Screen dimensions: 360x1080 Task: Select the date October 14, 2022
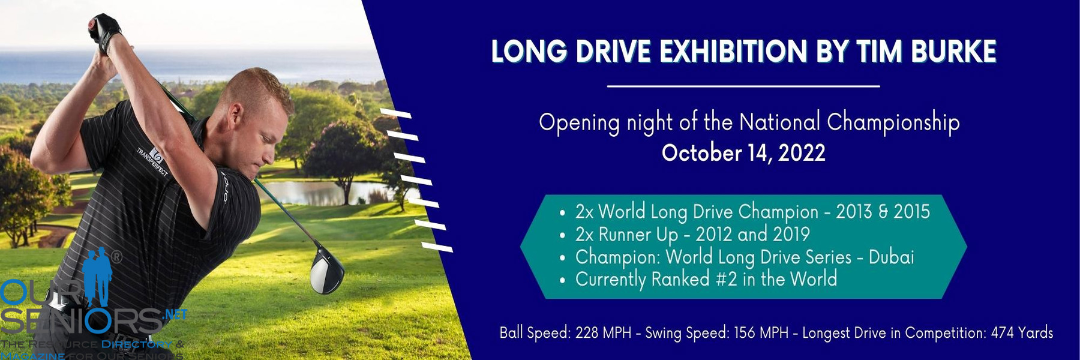coord(743,153)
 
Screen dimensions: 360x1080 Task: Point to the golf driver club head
coord(326,271)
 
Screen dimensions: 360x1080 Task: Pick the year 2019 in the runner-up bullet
coord(791,234)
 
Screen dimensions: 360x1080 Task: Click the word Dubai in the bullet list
coord(891,257)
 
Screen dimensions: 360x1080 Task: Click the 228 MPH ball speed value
coord(603,333)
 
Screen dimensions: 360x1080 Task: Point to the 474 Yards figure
coord(1022,333)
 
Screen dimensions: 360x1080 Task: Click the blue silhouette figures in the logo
coord(98,276)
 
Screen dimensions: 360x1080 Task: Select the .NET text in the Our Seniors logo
coord(175,314)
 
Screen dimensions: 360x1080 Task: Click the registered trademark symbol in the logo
coord(116,257)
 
